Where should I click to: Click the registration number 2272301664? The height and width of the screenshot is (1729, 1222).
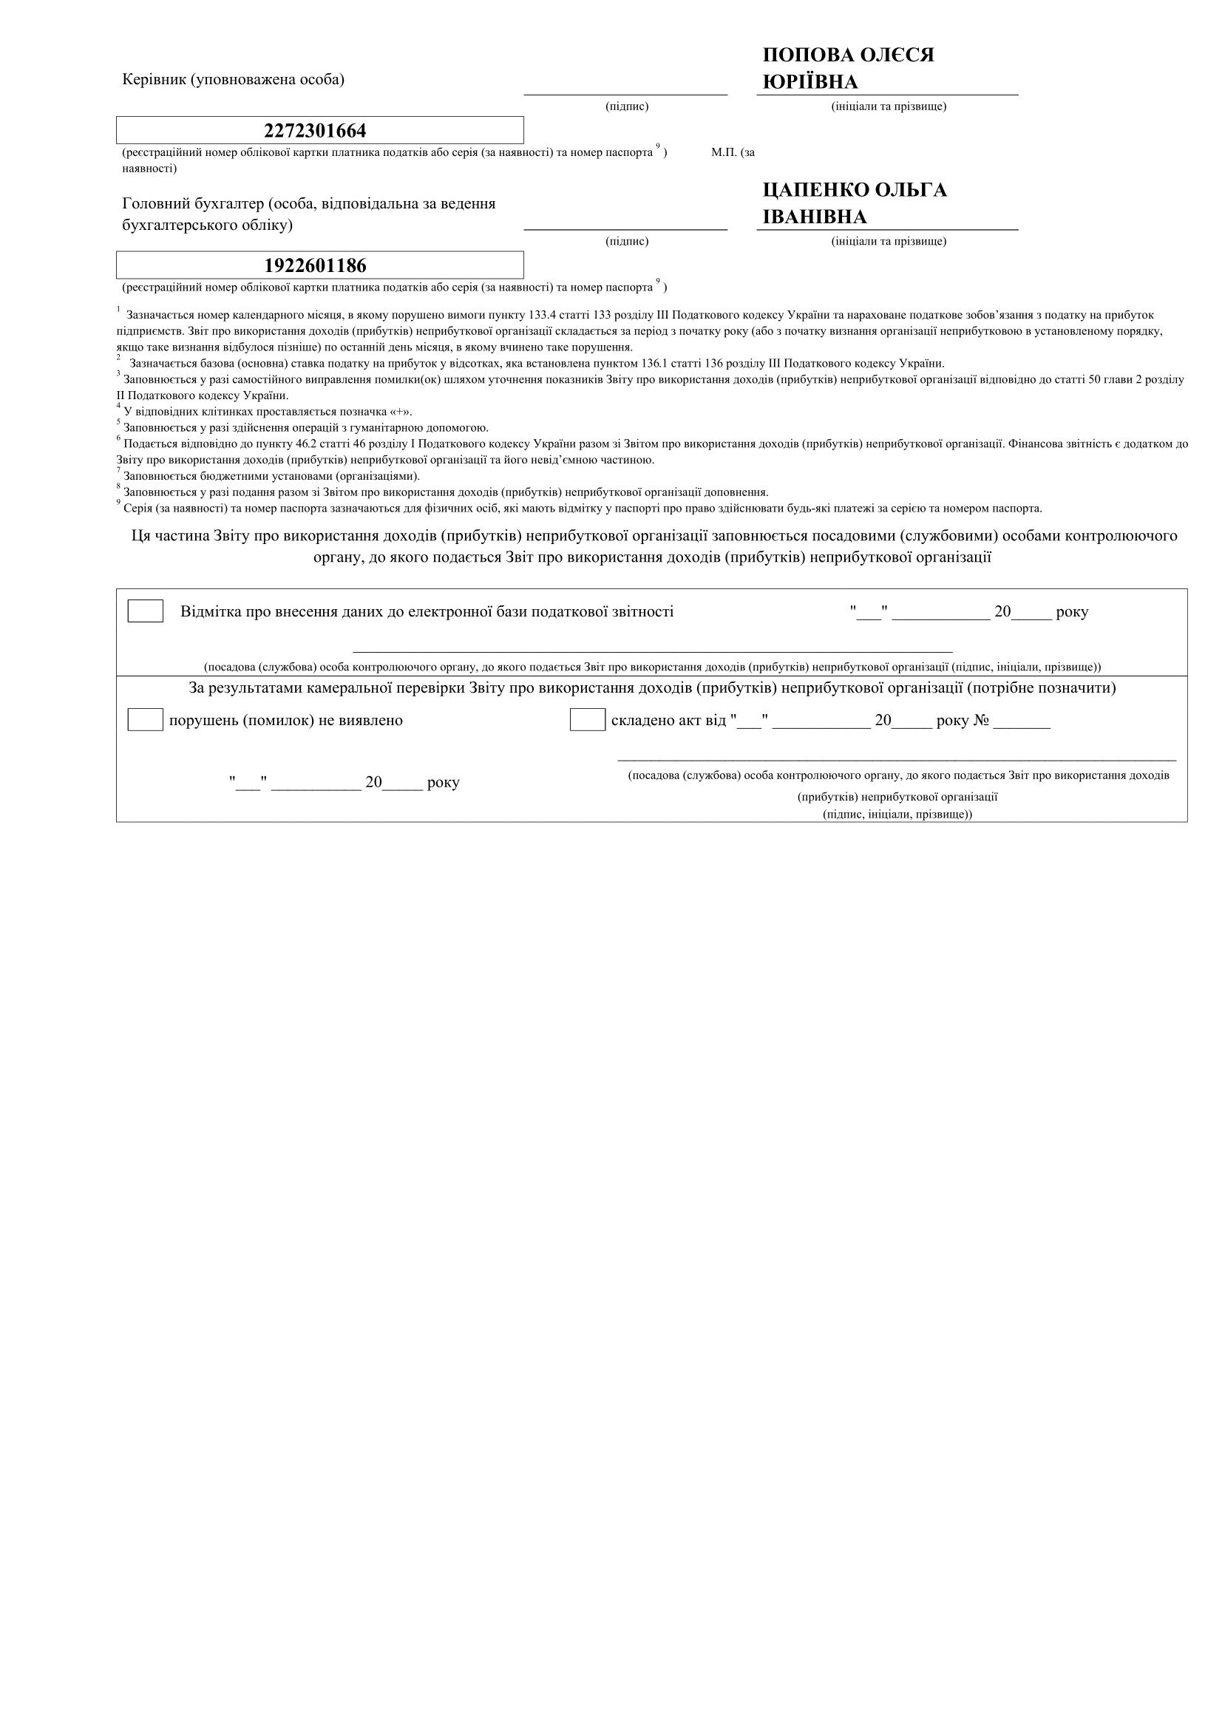(x=315, y=131)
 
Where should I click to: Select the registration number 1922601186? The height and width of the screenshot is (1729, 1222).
(x=315, y=266)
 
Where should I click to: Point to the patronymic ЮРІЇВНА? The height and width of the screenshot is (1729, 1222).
(x=810, y=82)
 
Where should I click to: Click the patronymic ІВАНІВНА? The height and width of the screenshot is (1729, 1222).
(x=815, y=217)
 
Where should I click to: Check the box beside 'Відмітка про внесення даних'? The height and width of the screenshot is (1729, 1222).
(x=146, y=611)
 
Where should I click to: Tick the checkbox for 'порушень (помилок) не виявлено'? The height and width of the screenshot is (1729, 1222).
(x=146, y=720)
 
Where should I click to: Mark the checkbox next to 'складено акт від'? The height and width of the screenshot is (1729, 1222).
(x=587, y=720)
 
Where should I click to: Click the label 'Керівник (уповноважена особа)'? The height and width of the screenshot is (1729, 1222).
(x=234, y=79)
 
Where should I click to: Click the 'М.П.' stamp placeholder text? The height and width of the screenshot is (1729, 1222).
(x=724, y=152)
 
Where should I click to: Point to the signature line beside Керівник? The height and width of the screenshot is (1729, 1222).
(x=625, y=93)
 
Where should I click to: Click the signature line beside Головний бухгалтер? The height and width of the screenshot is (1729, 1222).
(x=625, y=228)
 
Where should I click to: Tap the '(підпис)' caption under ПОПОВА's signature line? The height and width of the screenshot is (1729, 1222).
(x=626, y=106)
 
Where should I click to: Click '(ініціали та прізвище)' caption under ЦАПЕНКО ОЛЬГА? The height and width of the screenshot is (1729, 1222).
(x=889, y=241)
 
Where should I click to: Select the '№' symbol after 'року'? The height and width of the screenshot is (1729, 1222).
(x=980, y=721)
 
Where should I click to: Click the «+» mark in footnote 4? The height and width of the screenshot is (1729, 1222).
(x=399, y=412)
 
